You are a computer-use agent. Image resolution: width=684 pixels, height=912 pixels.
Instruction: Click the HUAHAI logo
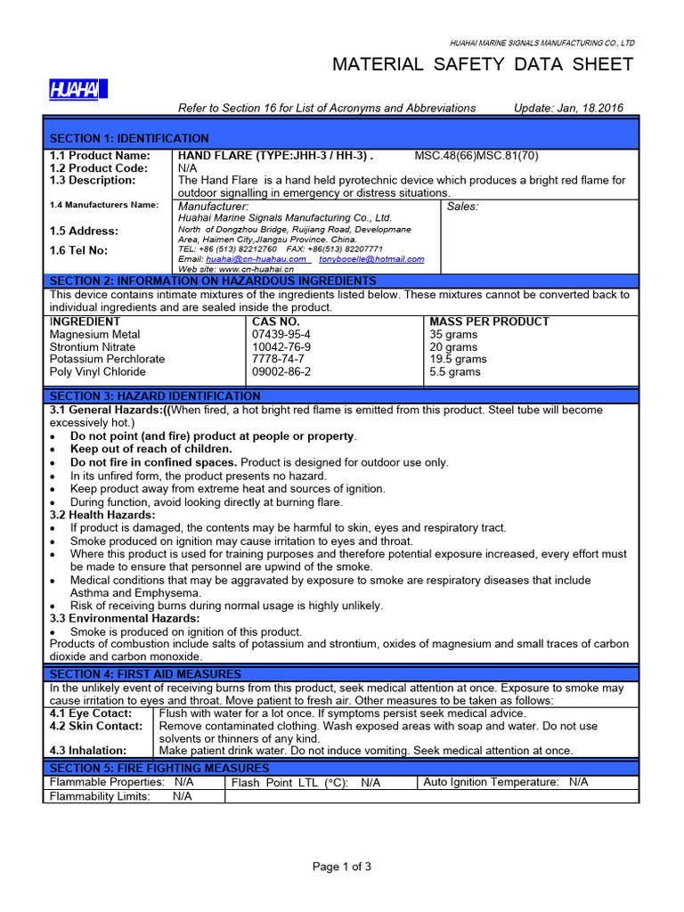tap(77, 89)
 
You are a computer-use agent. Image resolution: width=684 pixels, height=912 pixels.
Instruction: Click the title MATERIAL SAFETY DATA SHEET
tap(482, 64)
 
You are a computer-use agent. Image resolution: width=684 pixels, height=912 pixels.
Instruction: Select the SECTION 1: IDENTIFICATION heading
tap(129, 138)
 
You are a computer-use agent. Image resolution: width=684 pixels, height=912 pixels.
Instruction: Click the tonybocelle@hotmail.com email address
tap(371, 259)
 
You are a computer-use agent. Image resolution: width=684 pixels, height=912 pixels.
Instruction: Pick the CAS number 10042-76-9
tap(281, 346)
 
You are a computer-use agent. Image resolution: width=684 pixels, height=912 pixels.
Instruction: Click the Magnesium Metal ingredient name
tap(94, 334)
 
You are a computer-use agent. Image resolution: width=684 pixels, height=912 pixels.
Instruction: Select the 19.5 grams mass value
tap(458, 359)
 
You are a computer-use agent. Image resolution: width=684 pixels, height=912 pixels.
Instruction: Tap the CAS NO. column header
tap(276, 322)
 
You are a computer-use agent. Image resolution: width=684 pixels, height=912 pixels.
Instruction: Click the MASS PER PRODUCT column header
tap(489, 322)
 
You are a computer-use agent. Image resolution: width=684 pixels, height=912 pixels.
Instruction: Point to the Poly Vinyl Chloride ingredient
tap(98, 371)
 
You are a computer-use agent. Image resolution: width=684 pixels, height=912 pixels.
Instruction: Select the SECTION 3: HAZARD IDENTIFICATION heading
tap(155, 395)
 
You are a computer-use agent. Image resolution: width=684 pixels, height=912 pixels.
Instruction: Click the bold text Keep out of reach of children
tap(151, 449)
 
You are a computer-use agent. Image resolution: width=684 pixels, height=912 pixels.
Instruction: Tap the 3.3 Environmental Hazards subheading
tap(125, 618)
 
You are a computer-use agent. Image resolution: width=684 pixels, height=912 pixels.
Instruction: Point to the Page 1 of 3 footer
tap(341, 867)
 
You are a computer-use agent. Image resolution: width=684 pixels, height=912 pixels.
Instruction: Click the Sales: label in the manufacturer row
tap(462, 206)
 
